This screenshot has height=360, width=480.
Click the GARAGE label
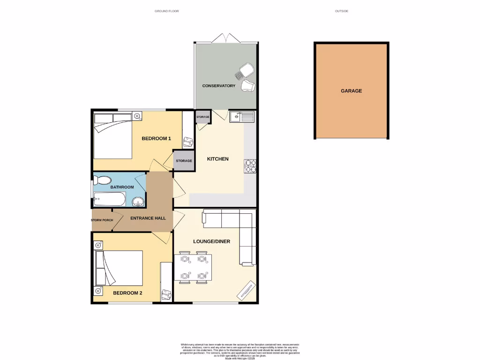tap(351, 91)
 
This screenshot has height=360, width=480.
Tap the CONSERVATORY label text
tap(218, 86)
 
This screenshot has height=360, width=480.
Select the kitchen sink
tap(242, 116)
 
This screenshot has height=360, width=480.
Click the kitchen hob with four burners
tap(250, 166)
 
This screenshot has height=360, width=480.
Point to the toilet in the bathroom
tap(102, 180)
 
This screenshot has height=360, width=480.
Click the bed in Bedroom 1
tap(113, 135)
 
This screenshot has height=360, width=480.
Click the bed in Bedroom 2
tap(120, 268)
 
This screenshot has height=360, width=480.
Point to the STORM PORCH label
tap(102, 220)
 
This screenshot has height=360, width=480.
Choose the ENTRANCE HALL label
tap(148, 218)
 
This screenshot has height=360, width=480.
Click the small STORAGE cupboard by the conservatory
tap(202, 117)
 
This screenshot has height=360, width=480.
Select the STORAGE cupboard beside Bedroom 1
tap(184, 161)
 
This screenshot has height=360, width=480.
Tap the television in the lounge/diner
tap(247, 290)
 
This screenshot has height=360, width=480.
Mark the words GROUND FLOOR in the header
tap(167, 11)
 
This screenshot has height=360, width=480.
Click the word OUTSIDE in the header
tap(342, 11)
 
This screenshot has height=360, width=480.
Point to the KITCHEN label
tap(218, 159)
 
